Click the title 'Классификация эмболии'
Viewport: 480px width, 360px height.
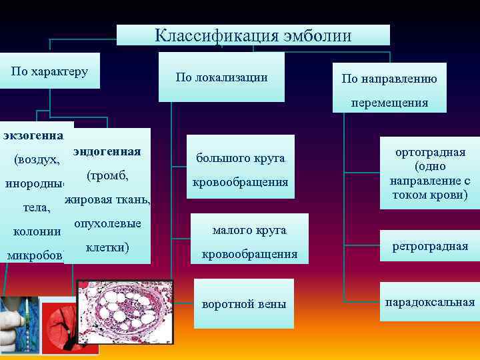coord(253,35)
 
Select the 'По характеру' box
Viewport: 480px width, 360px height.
coord(50,71)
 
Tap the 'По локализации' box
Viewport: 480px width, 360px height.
coord(221,77)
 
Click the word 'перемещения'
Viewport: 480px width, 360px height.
coord(390,103)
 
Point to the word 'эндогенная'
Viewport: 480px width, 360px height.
coord(107,151)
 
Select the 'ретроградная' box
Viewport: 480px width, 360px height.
coord(430,247)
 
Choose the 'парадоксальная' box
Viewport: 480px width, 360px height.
coord(430,302)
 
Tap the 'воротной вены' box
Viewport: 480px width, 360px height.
coord(243,304)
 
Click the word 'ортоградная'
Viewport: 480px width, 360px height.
coord(430,153)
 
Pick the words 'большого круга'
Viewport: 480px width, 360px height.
coord(240,158)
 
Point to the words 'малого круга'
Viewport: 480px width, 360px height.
coord(249,230)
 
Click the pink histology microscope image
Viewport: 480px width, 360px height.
coord(125,315)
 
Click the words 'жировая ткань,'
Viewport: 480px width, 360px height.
coord(108,200)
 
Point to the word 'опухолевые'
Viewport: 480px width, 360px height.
coord(107,223)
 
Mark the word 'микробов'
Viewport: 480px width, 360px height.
coord(35,255)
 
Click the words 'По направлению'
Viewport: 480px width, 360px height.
coord(389,79)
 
